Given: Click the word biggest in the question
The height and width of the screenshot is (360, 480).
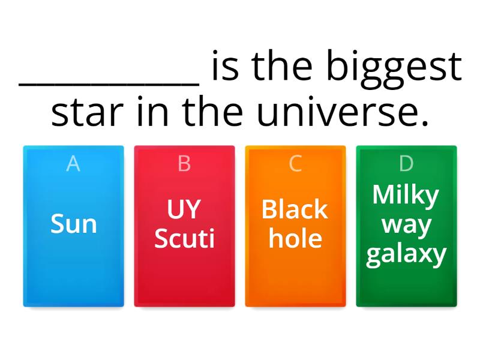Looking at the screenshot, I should (x=394, y=67).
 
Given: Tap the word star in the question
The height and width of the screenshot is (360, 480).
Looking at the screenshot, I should (x=89, y=112).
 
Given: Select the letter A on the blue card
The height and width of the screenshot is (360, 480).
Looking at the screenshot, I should (x=73, y=163).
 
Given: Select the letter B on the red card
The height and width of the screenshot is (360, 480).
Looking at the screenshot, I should (x=184, y=163).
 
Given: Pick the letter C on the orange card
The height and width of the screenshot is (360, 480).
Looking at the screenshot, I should (x=295, y=163).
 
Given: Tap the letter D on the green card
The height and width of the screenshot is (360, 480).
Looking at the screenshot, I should (x=406, y=163).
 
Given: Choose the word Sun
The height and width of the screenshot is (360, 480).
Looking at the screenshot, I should (x=73, y=224).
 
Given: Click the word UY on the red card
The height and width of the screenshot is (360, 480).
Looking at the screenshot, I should (x=184, y=209).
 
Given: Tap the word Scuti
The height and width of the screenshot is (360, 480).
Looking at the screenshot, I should (x=184, y=238).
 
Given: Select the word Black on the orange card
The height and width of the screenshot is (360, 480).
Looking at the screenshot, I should (x=295, y=209).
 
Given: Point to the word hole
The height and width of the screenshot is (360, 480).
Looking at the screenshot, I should (x=295, y=238).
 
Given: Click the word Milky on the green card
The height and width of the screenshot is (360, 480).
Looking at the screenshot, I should (x=406, y=195).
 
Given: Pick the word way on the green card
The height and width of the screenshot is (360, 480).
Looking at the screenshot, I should (x=406, y=225).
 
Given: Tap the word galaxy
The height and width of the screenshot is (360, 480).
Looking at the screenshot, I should (x=406, y=254).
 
